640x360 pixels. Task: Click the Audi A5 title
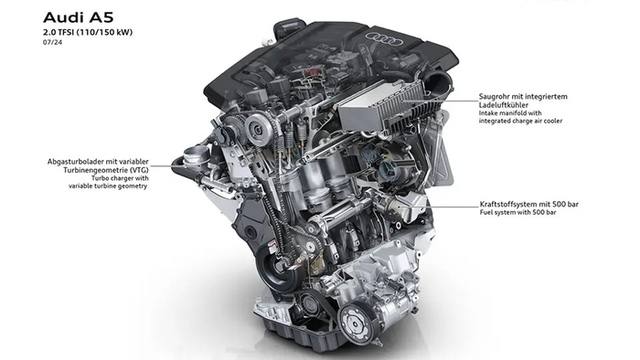pyautogui.click(x=78, y=17)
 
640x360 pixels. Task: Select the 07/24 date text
pyautogui.click(x=53, y=42)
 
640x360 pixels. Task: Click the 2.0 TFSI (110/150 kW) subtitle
pyautogui.click(x=88, y=32)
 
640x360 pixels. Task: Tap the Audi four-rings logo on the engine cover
pyautogui.click(x=384, y=38)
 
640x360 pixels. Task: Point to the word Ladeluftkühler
pyautogui.click(x=504, y=105)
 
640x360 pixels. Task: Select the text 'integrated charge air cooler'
pyautogui.click(x=520, y=121)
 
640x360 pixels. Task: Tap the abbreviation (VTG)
pyautogui.click(x=140, y=170)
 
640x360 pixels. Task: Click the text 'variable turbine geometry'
pyautogui.click(x=108, y=185)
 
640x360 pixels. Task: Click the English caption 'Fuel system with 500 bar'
pyautogui.click(x=518, y=212)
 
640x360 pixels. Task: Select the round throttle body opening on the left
pyautogui.click(x=194, y=155)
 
